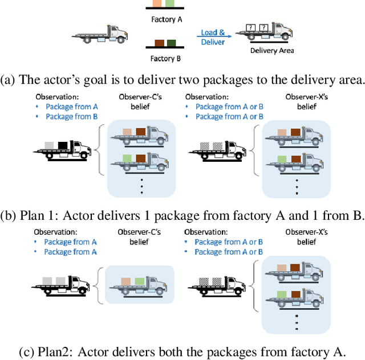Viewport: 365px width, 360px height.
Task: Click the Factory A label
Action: pyautogui.click(x=166, y=19)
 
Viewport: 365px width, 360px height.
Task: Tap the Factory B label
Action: pyautogui.click(x=166, y=58)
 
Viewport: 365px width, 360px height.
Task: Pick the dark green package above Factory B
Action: pyautogui.click(x=171, y=43)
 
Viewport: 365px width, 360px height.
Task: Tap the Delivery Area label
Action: pyautogui.click(x=272, y=51)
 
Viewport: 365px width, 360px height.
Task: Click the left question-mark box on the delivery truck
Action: pyautogui.click(x=250, y=28)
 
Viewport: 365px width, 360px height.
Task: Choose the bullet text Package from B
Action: pyautogui.click(x=68, y=117)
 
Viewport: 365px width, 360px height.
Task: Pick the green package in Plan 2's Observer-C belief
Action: pyautogui.click(x=139, y=281)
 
